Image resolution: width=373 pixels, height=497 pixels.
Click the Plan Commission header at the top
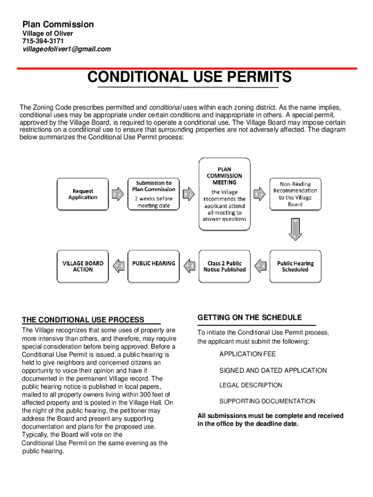58,24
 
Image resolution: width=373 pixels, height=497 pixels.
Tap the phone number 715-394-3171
43,41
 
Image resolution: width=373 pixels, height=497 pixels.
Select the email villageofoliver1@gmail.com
67,49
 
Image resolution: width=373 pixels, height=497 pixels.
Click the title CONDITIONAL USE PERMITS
189,77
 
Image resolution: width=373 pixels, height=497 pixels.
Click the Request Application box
82,194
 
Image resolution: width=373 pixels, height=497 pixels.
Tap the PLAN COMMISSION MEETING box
224,194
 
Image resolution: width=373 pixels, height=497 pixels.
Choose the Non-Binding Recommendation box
295,194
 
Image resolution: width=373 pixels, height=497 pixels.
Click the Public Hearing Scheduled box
295,266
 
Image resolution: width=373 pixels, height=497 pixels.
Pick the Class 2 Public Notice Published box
224,266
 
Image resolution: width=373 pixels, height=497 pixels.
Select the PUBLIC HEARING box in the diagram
153,266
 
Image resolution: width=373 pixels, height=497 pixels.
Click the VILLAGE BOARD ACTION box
82,266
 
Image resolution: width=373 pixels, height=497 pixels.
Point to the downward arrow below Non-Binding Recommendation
295,229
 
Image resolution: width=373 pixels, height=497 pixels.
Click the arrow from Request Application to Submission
118,194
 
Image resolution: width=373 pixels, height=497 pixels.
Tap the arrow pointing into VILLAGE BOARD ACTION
118,266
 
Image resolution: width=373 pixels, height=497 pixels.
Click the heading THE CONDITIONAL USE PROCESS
83,320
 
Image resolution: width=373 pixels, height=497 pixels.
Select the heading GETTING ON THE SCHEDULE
249,317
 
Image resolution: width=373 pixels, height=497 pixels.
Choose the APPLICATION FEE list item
247,354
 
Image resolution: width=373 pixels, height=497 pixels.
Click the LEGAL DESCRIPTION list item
250,385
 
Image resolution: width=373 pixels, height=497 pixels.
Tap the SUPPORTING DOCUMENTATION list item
267,401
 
